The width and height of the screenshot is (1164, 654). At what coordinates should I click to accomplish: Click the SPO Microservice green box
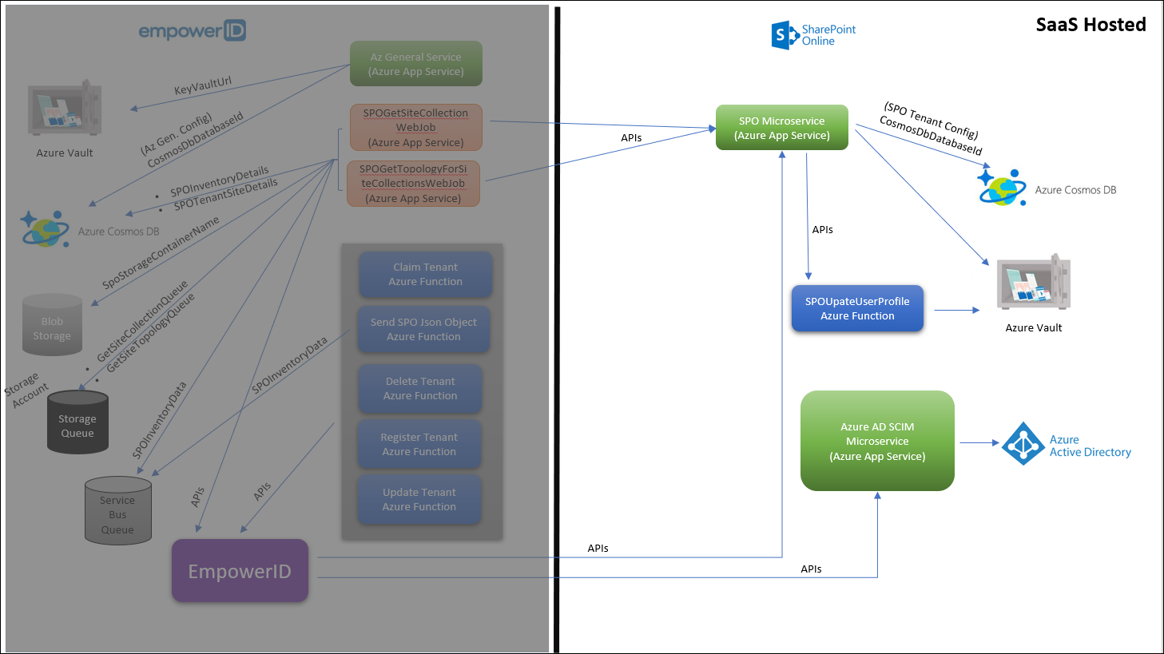[x=781, y=128]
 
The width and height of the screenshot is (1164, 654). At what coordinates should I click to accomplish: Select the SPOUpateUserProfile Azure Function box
[x=857, y=308]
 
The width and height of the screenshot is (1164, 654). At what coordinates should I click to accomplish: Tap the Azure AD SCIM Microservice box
[x=877, y=441]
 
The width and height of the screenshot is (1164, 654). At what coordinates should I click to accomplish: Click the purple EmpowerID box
[x=240, y=571]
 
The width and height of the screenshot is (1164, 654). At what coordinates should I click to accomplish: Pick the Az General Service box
[x=415, y=64]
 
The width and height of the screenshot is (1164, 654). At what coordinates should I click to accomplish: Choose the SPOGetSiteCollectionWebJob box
[x=415, y=128]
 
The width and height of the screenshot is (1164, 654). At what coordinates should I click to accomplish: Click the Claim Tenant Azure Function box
[x=425, y=274]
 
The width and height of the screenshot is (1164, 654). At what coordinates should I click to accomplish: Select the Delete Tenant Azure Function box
[x=420, y=388]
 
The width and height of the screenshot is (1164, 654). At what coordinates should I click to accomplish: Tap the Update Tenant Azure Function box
[x=419, y=499]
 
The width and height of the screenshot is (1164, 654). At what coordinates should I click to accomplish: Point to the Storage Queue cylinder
[x=77, y=423]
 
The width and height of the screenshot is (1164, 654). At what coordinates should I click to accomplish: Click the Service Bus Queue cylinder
[x=117, y=512]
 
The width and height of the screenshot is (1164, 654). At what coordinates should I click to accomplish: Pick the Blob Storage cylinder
[x=52, y=326]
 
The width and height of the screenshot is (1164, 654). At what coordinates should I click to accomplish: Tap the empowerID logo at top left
[x=192, y=31]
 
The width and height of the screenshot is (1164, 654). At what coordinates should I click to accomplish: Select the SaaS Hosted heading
[x=1091, y=25]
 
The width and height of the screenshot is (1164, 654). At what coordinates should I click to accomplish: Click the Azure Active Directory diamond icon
[x=1023, y=444]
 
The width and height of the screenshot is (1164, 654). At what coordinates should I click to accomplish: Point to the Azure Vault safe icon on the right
[x=1034, y=283]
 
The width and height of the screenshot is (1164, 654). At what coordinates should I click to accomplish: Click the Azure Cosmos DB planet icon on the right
[x=1002, y=188]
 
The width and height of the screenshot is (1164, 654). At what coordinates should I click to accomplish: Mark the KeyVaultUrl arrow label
[x=203, y=85]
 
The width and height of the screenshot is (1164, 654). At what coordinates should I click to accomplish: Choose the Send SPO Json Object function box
[x=423, y=329]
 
